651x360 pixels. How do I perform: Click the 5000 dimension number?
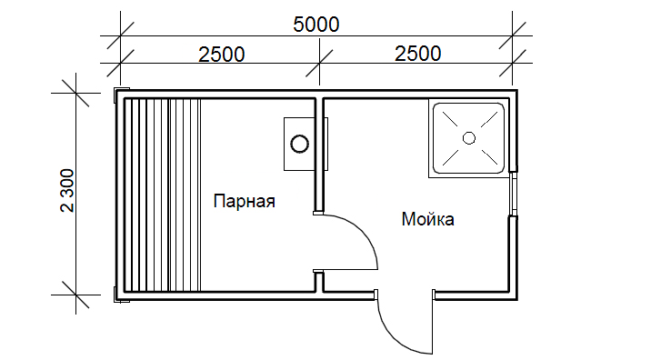coord(315,25)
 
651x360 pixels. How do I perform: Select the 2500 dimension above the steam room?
coord(221,55)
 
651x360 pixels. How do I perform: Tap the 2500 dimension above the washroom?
coord(417,54)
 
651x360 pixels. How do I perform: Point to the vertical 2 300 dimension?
coord(67,190)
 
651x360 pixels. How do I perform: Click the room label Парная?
coord(244,202)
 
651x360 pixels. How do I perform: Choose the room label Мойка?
coord(427,219)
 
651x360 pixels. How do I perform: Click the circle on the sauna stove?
coord(299,144)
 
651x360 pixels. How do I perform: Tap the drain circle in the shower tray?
coord(469,138)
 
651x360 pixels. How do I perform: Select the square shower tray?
coord(469,138)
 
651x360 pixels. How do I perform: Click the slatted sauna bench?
coord(163,195)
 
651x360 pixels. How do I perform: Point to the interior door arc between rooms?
coord(361,233)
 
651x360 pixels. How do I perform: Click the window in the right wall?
coord(514,194)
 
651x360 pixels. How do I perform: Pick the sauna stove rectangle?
coord(299,144)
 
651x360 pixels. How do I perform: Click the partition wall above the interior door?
coord(319,155)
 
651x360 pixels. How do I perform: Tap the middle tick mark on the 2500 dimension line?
coord(319,64)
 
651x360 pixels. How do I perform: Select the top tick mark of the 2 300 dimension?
coord(75,93)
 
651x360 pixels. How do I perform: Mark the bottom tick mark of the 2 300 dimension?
coord(75,295)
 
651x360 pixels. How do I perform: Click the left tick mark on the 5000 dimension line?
coord(120,36)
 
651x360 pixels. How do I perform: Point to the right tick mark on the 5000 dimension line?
coord(512,36)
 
